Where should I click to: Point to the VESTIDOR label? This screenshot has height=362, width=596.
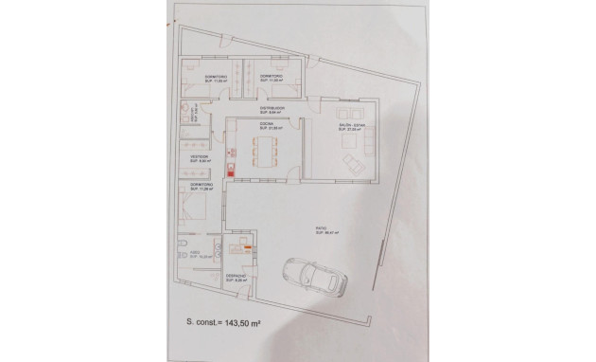pos(197,155)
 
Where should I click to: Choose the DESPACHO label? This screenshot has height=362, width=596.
pos(236,276)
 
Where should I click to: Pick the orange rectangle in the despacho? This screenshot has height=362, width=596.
pos(246,249)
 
